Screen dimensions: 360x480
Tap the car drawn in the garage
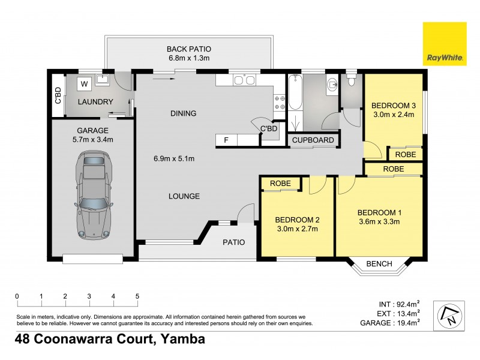94,194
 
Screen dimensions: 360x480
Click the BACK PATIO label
189,49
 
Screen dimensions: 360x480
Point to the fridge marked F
226,140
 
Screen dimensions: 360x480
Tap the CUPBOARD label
313,140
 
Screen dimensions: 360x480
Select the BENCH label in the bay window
379,264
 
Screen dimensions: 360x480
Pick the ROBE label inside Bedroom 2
280,184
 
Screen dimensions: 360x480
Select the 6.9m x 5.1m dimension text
174,159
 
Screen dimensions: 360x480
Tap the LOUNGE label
184,196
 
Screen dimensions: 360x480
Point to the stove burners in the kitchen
280,101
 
